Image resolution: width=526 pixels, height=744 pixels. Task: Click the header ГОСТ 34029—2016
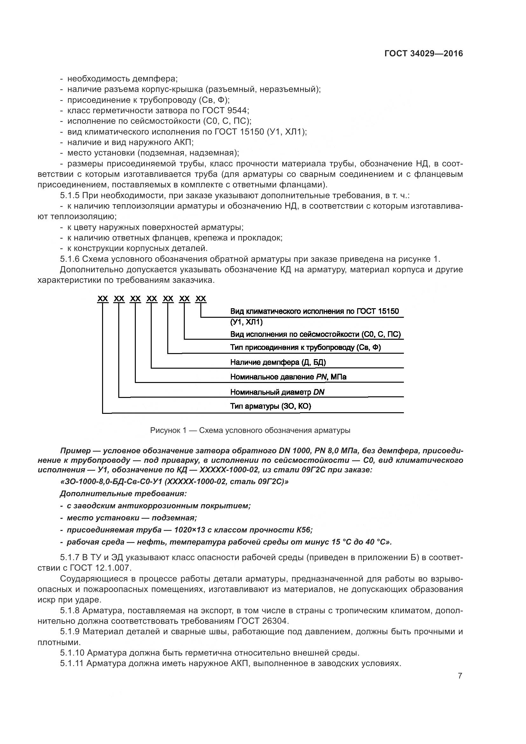(423, 54)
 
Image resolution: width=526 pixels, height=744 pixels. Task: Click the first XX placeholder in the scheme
(103, 298)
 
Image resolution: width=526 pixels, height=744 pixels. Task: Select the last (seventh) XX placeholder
(201, 298)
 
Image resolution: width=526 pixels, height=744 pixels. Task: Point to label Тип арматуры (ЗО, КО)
(270, 406)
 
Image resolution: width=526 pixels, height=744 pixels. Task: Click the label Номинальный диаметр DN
(277, 392)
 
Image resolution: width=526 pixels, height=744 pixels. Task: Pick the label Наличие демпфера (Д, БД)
(278, 362)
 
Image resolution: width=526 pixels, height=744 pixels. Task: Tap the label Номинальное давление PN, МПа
(288, 377)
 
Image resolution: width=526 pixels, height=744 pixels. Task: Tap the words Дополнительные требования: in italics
(123, 494)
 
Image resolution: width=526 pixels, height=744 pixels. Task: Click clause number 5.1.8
(70, 610)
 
